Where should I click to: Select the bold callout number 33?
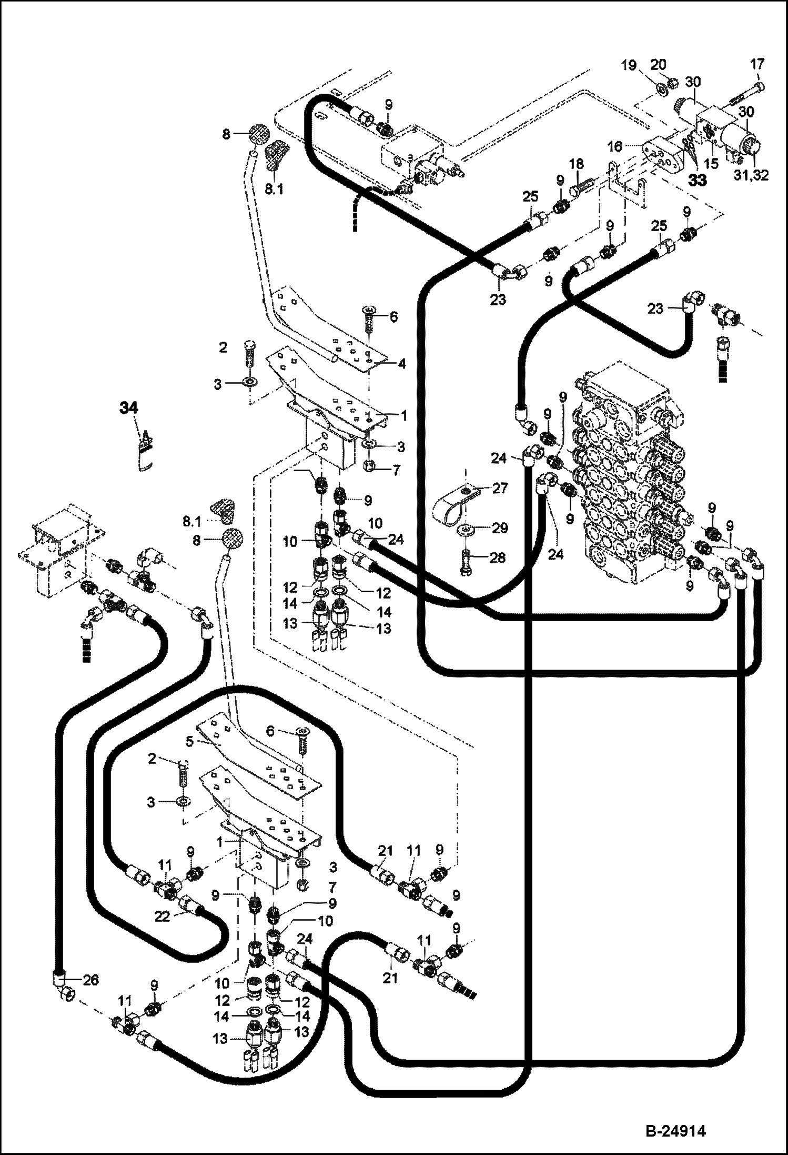point(698,180)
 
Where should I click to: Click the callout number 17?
point(757,64)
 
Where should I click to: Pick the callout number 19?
point(630,65)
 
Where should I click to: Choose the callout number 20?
point(659,64)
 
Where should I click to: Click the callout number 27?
point(501,488)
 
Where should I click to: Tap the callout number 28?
point(498,557)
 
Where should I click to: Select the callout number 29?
point(500,527)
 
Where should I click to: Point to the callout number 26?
point(90,980)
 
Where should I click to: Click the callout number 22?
point(163,917)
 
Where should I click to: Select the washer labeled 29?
point(466,528)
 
